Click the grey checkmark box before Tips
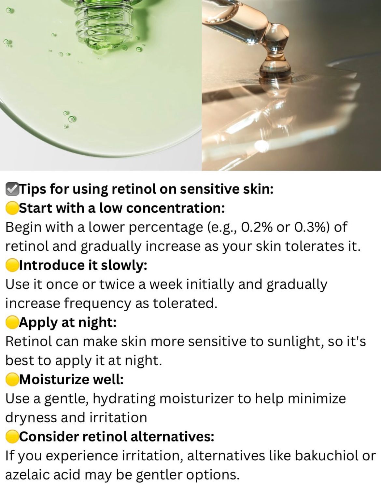(x=12, y=189)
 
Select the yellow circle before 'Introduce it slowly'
(x=12, y=265)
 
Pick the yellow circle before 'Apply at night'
(x=12, y=322)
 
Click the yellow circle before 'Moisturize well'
(x=12, y=379)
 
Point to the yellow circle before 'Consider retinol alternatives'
(x=12, y=436)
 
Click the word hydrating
(x=124, y=399)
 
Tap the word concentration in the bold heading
(x=176, y=208)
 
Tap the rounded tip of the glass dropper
(x=275, y=69)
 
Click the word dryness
(x=31, y=418)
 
